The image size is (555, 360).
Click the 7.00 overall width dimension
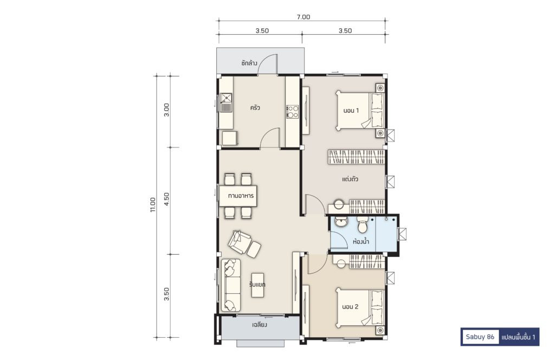[304, 17]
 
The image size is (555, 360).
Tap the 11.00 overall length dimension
[152, 204]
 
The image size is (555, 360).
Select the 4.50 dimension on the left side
[167, 200]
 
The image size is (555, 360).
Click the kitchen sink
[225, 102]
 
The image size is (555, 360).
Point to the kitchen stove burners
[292, 112]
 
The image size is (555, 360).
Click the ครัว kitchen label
[255, 107]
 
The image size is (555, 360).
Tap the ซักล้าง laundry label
[249, 63]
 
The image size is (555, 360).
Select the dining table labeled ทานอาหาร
[238, 196]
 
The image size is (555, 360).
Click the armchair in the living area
[240, 242]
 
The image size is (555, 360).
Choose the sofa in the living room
[231, 285]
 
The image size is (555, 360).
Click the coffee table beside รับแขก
[258, 285]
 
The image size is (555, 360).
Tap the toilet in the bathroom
[363, 224]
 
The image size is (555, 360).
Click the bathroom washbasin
[341, 222]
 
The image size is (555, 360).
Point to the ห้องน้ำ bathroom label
[361, 241]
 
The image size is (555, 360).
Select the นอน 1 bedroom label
[351, 111]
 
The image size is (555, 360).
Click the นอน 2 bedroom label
[351, 306]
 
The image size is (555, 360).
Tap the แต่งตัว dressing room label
[350, 179]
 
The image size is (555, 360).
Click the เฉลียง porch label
[260, 325]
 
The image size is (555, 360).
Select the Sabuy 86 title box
[480, 337]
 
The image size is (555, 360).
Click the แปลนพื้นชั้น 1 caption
[518, 337]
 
